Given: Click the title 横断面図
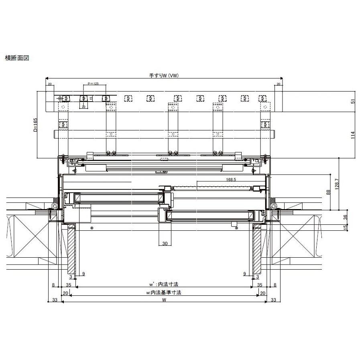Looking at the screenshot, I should (x=16, y=58).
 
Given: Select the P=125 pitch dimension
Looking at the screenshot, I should (x=93, y=84).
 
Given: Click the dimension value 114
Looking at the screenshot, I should (x=353, y=135).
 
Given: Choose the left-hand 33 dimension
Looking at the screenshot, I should (x=55, y=300).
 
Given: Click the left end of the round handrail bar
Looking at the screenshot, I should (x=55, y=134).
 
